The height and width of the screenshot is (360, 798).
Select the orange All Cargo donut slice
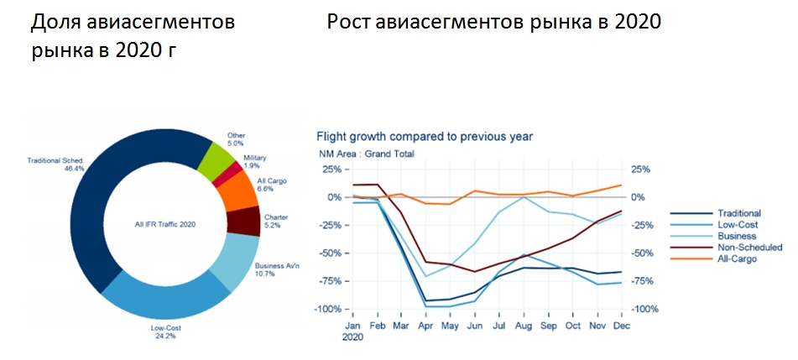click(x=238, y=194)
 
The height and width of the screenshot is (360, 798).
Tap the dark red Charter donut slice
click(x=243, y=222)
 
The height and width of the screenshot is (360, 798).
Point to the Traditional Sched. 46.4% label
click(x=55, y=164)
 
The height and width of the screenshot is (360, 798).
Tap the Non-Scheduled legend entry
click(x=749, y=248)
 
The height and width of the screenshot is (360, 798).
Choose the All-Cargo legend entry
click(x=738, y=259)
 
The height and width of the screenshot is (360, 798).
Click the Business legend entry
click(x=736, y=237)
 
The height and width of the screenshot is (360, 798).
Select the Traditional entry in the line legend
click(x=739, y=213)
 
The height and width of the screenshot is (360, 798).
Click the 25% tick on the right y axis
click(x=640, y=170)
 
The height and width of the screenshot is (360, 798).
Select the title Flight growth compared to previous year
click(x=424, y=136)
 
